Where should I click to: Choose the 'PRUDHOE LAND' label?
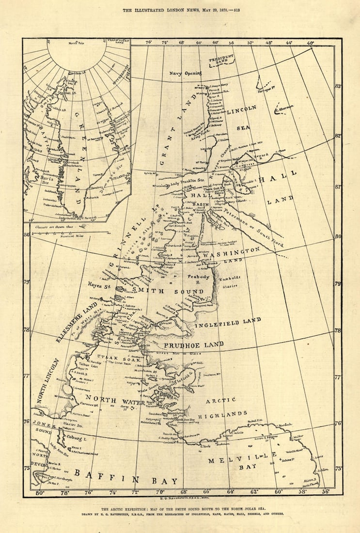coord(193,345)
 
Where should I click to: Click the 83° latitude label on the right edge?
coord(338,86)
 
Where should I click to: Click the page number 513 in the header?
coord(236,10)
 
